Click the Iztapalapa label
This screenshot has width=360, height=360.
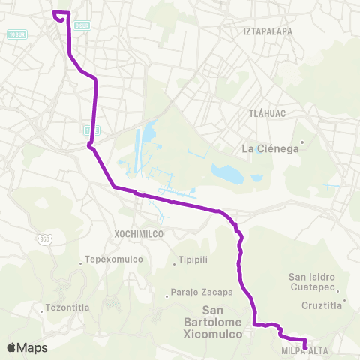(x=267, y=31)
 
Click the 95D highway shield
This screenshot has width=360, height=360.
(x=45, y=237)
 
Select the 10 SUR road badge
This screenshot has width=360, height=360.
(x=17, y=34)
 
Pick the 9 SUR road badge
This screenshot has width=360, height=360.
(x=82, y=24)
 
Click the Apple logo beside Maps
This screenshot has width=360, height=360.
(x=11, y=347)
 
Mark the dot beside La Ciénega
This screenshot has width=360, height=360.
(x=302, y=141)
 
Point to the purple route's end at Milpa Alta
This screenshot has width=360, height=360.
(x=305, y=346)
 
